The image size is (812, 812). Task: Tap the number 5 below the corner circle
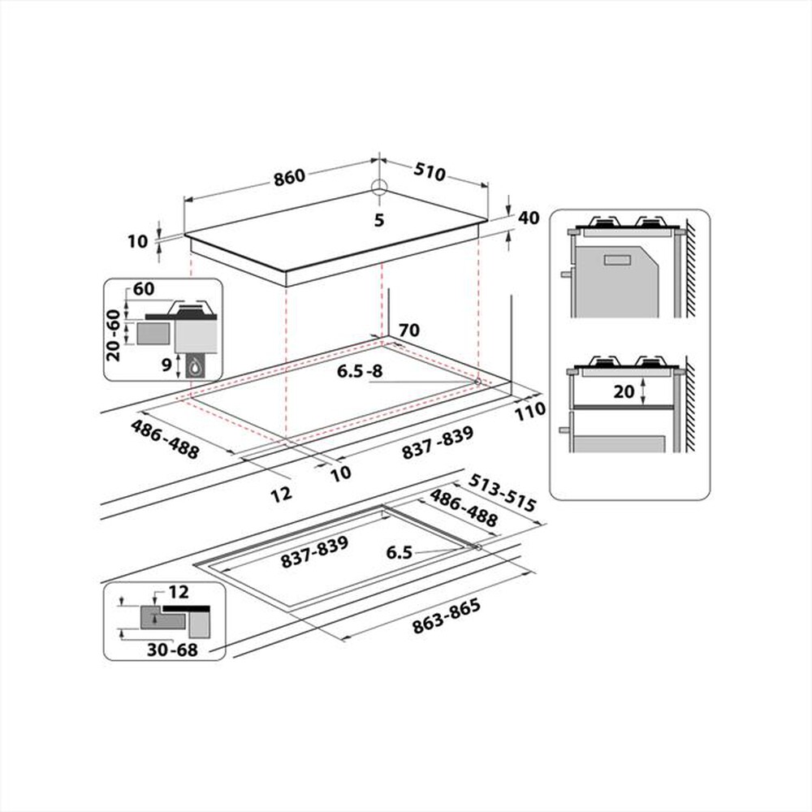pyautogui.click(x=378, y=220)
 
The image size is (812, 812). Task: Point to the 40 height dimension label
pyautogui.click(x=529, y=218)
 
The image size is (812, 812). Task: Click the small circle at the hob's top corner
pyautogui.click(x=379, y=188)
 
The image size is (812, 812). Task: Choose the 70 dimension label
pyautogui.click(x=409, y=330)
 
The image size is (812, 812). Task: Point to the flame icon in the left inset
pyautogui.click(x=196, y=368)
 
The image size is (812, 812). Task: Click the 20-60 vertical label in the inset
pyautogui.click(x=113, y=335)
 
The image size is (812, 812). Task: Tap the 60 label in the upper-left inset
pyautogui.click(x=145, y=290)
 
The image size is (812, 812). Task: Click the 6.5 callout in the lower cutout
pyautogui.click(x=400, y=553)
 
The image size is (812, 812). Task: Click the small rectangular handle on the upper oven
pyautogui.click(x=618, y=260)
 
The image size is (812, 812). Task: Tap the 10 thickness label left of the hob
pyautogui.click(x=138, y=241)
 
